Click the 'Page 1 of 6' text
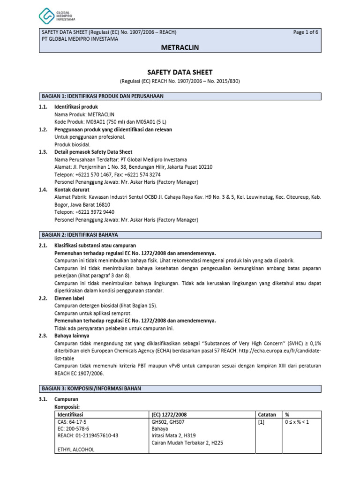click(306, 32)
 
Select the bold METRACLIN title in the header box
click(180, 48)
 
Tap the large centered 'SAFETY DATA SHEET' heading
click(180, 72)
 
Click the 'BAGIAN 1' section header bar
click(180, 96)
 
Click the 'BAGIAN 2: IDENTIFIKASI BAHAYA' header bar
click(180, 234)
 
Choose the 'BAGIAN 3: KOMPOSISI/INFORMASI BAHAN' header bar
click(180, 389)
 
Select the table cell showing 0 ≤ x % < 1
click(297, 422)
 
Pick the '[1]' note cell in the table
click(262, 422)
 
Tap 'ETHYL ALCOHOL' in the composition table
click(75, 450)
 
